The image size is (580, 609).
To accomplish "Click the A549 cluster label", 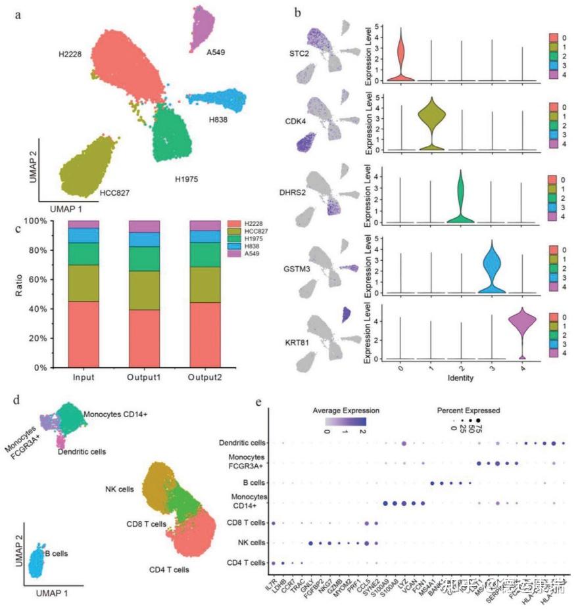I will (x=215, y=52).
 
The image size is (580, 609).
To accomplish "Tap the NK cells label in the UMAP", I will (x=119, y=489).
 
